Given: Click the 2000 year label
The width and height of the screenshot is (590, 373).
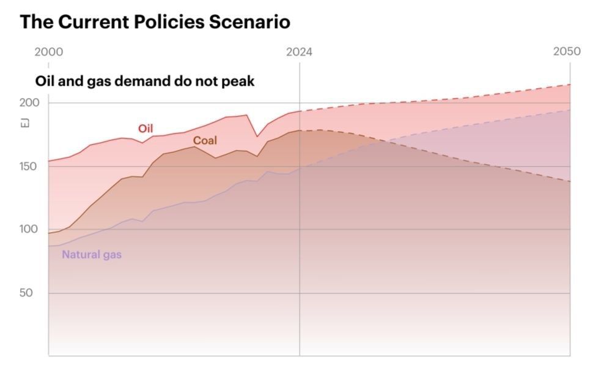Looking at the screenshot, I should point(48,52).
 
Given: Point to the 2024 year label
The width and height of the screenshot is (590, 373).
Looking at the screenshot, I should point(299,52).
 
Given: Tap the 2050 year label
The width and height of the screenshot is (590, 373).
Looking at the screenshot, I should point(567,52).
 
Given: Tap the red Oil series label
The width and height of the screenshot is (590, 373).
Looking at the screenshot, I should point(145,129).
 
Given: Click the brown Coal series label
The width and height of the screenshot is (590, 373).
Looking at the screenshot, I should point(205,141).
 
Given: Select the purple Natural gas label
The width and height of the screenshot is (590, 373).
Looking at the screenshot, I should point(92,254).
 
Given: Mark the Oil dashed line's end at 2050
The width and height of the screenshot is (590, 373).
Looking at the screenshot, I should point(570,85).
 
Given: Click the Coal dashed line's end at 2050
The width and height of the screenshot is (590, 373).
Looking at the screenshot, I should point(570,181).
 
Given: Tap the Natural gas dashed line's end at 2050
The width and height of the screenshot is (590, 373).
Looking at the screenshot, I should point(570,110).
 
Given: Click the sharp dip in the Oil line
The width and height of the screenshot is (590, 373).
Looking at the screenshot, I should point(257,136).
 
